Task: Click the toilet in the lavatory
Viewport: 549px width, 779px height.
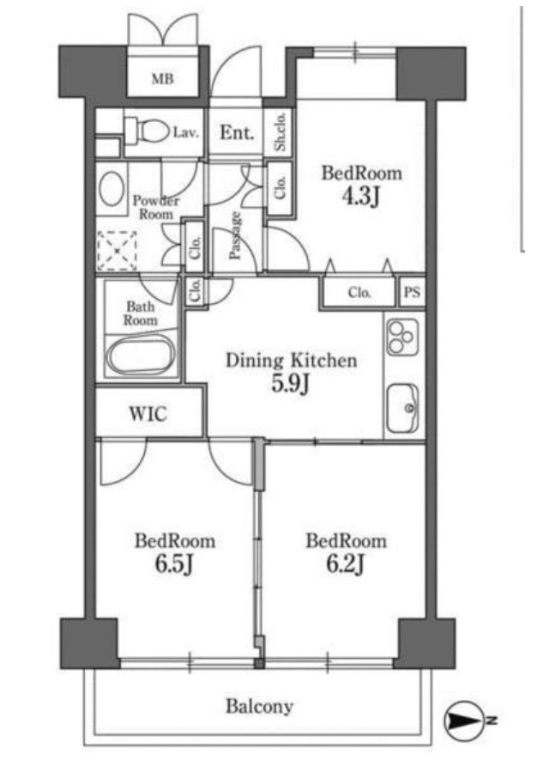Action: click(147, 131)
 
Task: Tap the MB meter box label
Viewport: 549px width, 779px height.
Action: click(163, 78)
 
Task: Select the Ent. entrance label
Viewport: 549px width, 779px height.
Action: click(237, 132)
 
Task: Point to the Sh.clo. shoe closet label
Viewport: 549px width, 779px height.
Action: click(281, 131)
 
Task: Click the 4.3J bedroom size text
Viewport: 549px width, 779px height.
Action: click(361, 197)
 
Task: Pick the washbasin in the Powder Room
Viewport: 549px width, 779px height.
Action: click(112, 189)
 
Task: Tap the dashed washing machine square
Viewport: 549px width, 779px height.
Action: click(117, 251)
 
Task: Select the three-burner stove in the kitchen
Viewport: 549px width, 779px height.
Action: click(402, 337)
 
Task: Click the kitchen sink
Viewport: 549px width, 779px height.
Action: click(402, 408)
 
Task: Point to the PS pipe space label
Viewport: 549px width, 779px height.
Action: click(412, 292)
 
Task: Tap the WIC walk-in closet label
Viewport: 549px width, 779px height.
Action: click(148, 413)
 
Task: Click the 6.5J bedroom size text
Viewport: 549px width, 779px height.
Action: click(174, 563)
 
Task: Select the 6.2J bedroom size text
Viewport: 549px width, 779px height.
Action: click(346, 563)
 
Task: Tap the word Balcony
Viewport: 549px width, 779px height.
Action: click(260, 706)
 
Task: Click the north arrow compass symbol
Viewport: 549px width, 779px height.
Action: click(464, 720)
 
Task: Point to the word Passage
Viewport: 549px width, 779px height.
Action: click(235, 235)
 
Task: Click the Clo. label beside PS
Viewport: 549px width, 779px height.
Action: click(359, 293)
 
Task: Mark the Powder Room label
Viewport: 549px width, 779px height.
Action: click(156, 208)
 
